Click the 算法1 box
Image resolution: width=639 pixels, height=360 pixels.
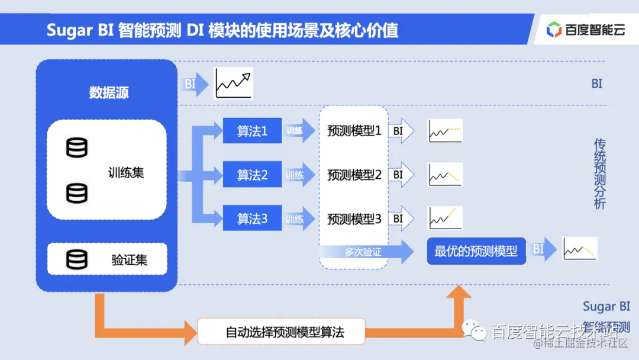[x=252, y=131]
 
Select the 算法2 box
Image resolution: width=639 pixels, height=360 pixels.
[x=252, y=175]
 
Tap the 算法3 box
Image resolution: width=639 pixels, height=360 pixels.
[x=252, y=219]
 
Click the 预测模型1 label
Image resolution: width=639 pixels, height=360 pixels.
[x=354, y=131]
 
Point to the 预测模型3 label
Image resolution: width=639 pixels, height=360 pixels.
[x=354, y=219]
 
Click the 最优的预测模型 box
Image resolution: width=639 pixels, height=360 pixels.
[x=476, y=251]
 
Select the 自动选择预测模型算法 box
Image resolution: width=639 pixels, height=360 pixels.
[x=281, y=332]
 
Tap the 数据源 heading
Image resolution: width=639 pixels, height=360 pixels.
[x=109, y=92]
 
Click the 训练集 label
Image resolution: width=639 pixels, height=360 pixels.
[x=126, y=173]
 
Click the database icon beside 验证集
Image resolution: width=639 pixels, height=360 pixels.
[x=77, y=259]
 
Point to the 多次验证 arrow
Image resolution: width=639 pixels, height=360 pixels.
[x=367, y=252]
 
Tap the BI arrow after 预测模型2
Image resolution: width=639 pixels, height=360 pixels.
[x=402, y=175]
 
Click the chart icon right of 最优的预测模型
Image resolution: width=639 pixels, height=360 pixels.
[x=579, y=249]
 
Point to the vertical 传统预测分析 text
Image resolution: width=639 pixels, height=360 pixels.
[x=599, y=173]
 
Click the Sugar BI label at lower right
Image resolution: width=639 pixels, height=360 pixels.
[x=606, y=306]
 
